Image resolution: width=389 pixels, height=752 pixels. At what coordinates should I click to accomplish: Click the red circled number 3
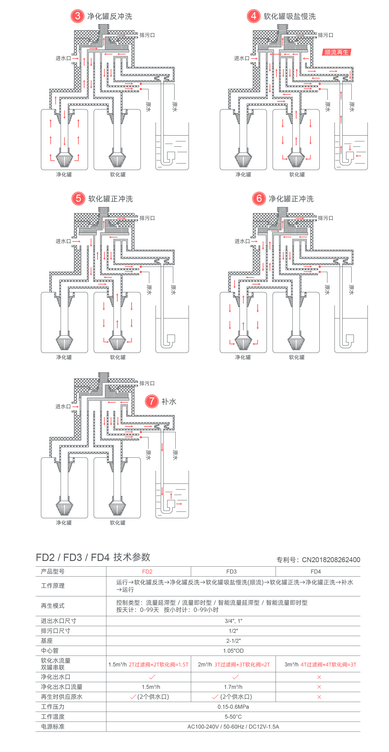tap(77, 16)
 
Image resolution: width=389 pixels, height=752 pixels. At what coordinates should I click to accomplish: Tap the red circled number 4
tap(254, 16)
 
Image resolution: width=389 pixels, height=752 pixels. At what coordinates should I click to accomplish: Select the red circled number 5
tap(78, 199)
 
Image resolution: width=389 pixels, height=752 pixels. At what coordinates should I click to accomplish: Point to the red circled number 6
tap(259, 199)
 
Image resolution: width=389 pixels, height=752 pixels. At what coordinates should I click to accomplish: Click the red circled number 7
tap(152, 401)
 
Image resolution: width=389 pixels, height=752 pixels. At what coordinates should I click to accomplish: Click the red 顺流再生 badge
tap(337, 52)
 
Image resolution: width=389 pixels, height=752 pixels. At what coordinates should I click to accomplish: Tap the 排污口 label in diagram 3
tap(147, 35)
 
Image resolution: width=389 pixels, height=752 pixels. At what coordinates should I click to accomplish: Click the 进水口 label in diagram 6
tap(242, 241)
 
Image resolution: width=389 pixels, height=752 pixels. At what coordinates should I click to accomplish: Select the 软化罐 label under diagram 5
tap(118, 357)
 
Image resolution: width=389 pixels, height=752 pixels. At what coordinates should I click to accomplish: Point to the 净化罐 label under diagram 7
tap(64, 522)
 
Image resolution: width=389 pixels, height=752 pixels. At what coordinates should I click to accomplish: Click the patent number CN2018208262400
tap(331, 560)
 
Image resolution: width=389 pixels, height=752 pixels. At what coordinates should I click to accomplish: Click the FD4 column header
tap(316, 572)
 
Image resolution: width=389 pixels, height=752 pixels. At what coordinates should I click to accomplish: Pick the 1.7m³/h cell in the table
tap(233, 687)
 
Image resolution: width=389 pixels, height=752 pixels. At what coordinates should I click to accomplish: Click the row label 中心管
tap(50, 651)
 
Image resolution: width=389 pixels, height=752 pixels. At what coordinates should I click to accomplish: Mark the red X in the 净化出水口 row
tap(319, 677)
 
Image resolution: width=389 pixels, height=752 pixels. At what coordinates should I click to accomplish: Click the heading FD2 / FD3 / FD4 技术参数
tap(93, 557)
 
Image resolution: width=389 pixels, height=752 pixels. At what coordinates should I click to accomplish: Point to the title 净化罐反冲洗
tap(110, 16)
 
